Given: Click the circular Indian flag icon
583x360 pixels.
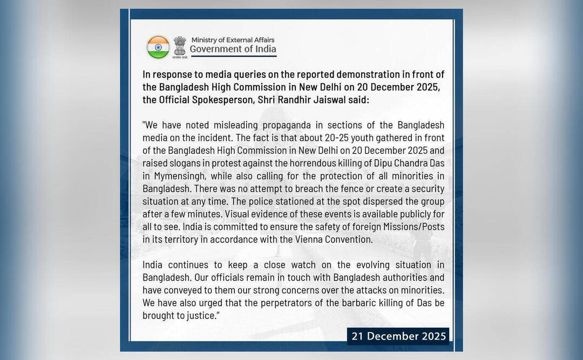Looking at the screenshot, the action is click(158, 47).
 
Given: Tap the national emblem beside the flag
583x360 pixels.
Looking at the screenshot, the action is click(180, 46).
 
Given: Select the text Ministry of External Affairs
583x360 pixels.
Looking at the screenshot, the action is click(232, 40).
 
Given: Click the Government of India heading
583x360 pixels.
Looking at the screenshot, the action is click(233, 49).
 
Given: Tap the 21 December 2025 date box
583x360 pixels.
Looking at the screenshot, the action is click(398, 336).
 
